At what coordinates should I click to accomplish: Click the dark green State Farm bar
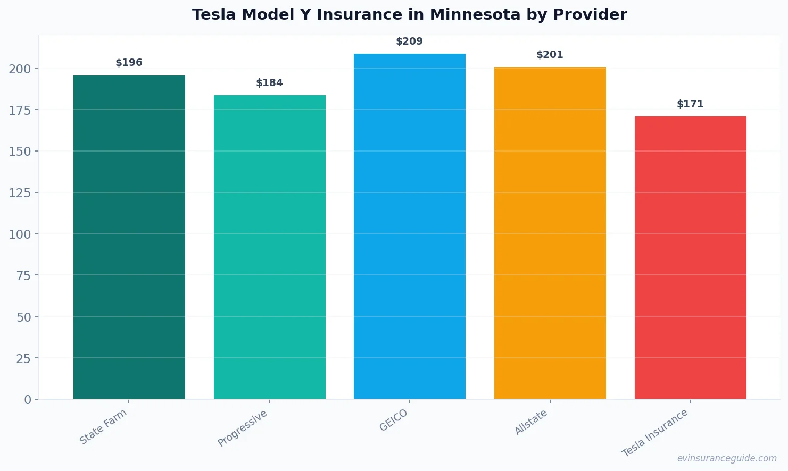coord(129,237)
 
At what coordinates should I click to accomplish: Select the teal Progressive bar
coord(269,247)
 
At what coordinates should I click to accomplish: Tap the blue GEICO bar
coord(409,226)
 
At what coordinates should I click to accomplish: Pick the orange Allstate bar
coord(550,233)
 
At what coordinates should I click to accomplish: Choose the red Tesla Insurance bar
coord(690,258)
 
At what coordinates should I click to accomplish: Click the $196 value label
coord(129,63)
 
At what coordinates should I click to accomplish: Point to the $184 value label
coord(269,83)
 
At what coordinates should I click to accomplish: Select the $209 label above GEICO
coord(409,41)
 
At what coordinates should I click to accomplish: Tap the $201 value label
coord(550,55)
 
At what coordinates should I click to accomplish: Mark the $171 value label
coord(690,104)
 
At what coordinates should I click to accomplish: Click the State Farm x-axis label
coord(103,426)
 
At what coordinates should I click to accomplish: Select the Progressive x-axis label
coord(243,428)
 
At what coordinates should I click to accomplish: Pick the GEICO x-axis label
coord(394,420)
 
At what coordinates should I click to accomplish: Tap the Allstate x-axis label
coord(531,423)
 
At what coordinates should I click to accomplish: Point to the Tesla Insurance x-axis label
coord(655,433)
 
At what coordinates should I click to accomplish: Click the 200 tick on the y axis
coord(20,69)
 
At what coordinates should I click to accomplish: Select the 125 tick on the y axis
coord(20,193)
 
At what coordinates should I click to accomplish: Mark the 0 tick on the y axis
coord(28,400)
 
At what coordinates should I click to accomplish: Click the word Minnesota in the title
coord(475,15)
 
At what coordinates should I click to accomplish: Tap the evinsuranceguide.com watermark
coord(727,458)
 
